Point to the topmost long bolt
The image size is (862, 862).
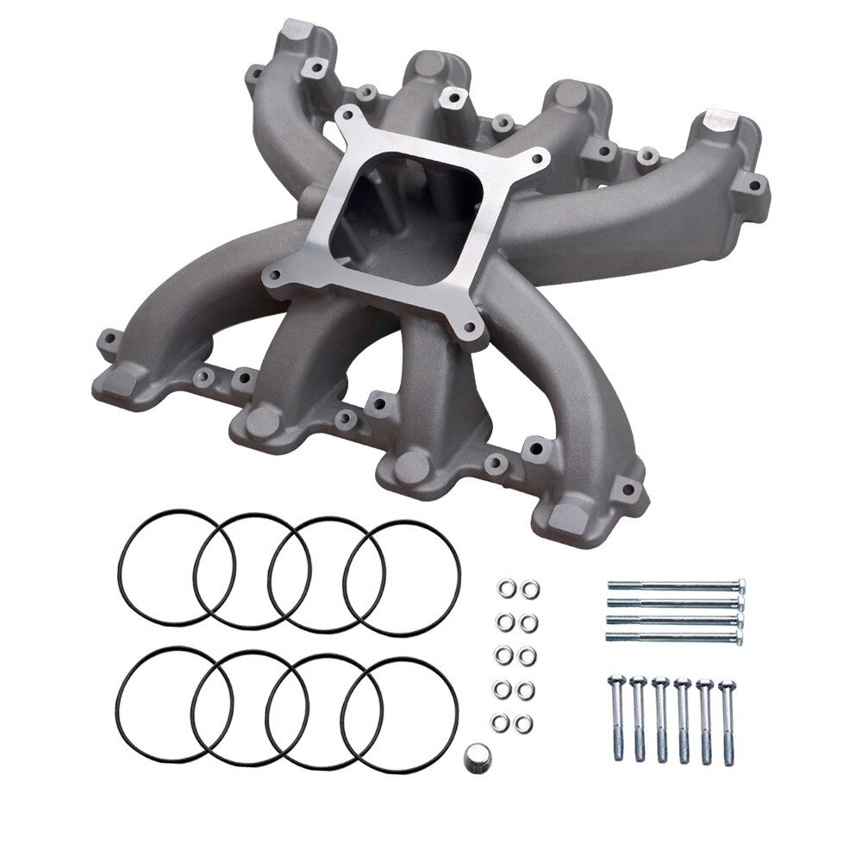[674, 585]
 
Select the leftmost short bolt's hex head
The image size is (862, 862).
[615, 682]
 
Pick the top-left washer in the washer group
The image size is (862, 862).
[505, 590]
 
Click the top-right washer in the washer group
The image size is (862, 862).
[530, 590]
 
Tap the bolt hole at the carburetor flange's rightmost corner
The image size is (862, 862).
[539, 159]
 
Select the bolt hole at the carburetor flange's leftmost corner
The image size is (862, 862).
[274, 277]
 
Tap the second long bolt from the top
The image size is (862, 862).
[674, 603]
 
